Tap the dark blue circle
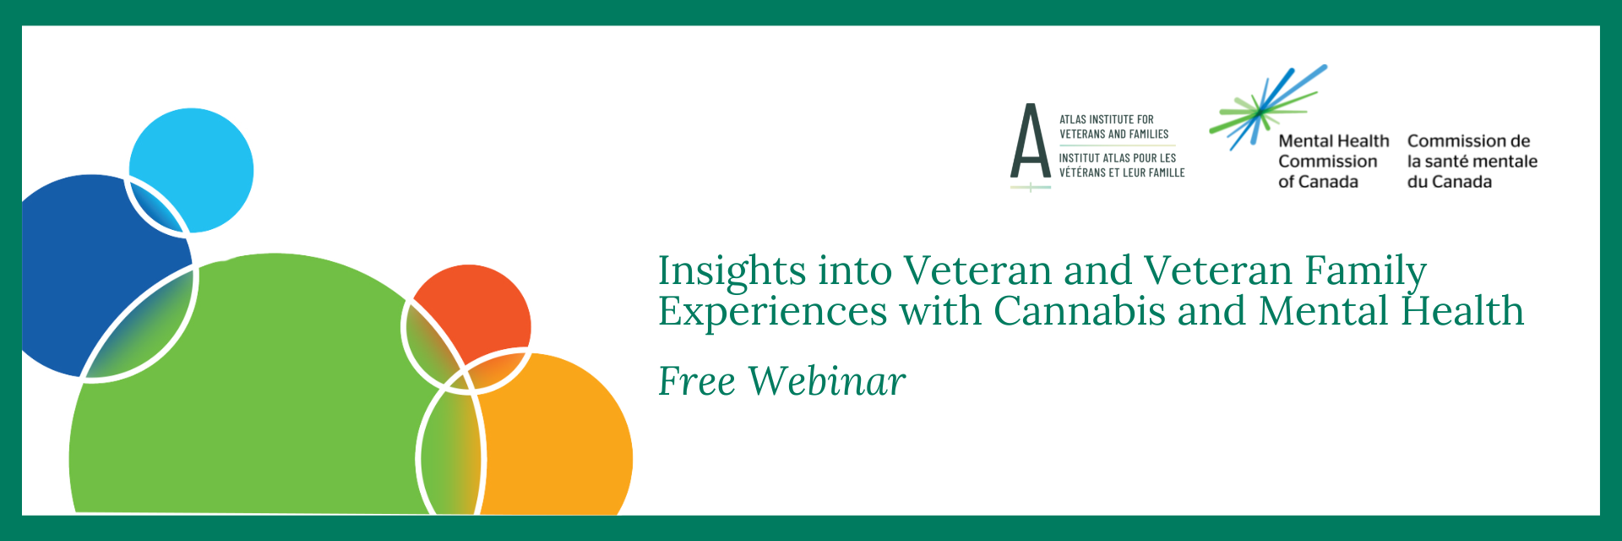click(93, 270)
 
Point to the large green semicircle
click(253, 397)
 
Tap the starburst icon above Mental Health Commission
click(1267, 107)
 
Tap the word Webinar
click(827, 381)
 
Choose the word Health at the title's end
click(1463, 311)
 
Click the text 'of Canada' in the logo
click(1318, 182)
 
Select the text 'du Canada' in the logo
click(1450, 182)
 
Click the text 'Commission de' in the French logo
click(1469, 141)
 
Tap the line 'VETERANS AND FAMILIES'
click(1114, 134)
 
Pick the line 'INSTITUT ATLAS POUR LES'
click(1118, 158)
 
